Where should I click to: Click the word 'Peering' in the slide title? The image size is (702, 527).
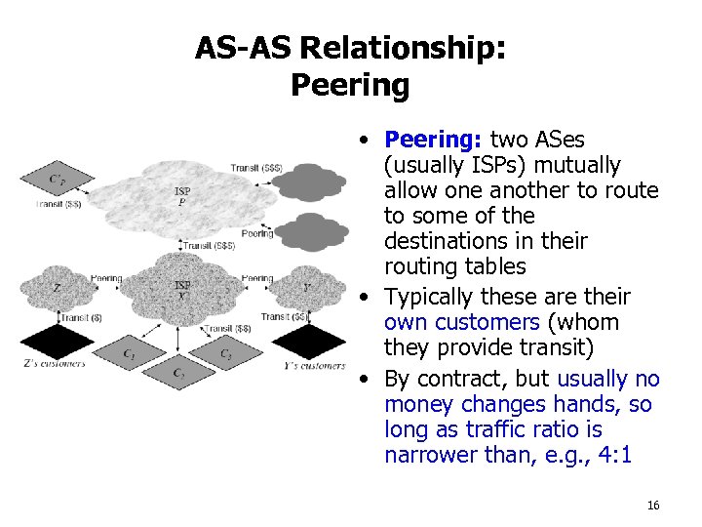[350, 86]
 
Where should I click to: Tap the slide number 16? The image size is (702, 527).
[652, 505]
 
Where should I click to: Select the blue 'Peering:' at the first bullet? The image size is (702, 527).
[434, 140]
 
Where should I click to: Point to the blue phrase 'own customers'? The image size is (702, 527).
[462, 322]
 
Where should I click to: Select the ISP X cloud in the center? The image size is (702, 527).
[182, 290]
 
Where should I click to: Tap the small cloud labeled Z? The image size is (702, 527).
[58, 289]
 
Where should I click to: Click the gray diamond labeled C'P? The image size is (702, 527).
[58, 180]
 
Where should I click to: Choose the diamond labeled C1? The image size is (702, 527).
[130, 350]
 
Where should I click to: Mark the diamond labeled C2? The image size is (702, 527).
[178, 372]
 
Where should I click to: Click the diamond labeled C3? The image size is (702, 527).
[225, 351]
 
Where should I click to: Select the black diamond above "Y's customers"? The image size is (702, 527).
[305, 342]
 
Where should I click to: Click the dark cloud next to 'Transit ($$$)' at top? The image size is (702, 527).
[309, 181]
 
